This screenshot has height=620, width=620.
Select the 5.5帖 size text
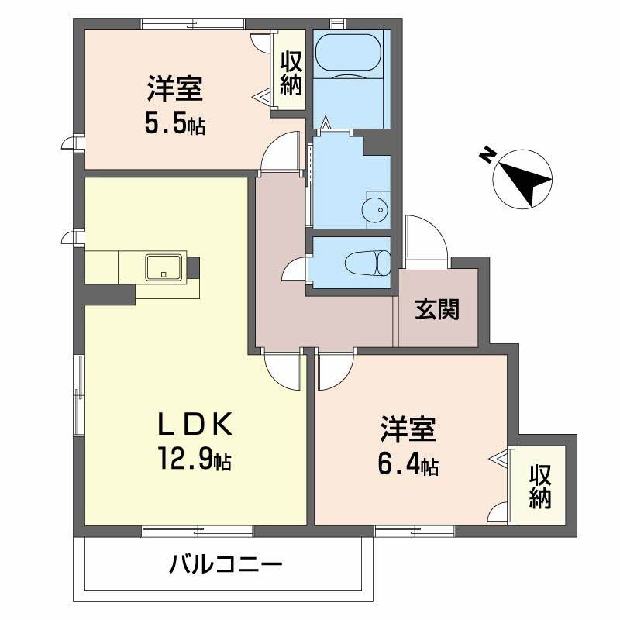tap(174, 124)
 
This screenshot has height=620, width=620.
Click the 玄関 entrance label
tap(437, 309)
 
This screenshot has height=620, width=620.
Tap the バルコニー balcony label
tap(226, 563)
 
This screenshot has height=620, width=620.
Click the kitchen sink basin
tap(164, 267)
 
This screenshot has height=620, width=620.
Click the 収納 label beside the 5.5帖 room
tap(291, 72)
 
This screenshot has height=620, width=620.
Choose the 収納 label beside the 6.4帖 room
tap(541, 487)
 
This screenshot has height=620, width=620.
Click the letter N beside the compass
tap(487, 156)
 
